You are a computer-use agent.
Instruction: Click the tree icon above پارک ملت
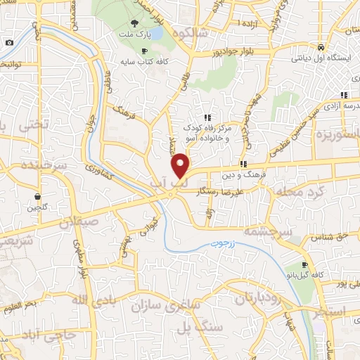click(x=134, y=23)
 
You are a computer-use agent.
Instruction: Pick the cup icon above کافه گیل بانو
click(x=304, y=266)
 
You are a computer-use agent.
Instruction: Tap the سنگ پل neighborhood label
click(x=200, y=328)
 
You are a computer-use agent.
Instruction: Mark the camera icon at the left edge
click(x=8, y=42)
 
